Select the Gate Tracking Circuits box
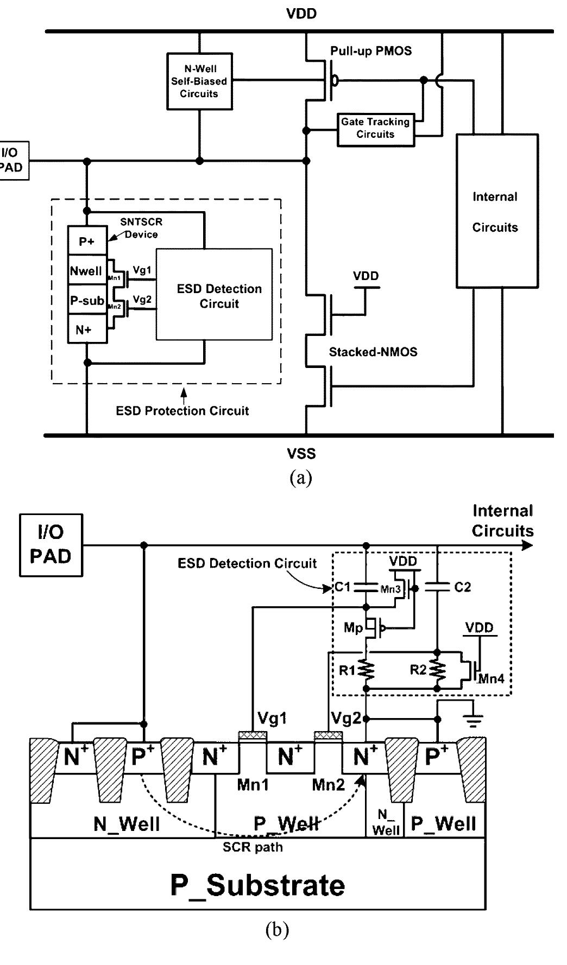click(x=375, y=129)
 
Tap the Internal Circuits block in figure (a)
click(x=496, y=211)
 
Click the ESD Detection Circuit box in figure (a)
click(x=214, y=295)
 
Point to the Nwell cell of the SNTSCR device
click(x=87, y=271)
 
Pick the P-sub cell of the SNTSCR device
click(x=87, y=300)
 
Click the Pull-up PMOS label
click(x=371, y=51)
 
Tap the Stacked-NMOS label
click(x=373, y=352)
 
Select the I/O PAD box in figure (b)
click(x=51, y=545)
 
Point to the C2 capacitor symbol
click(x=438, y=587)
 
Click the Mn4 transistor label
click(x=491, y=678)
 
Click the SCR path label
click(x=253, y=847)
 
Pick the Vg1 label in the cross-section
click(x=272, y=719)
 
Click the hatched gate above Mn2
click(x=328, y=736)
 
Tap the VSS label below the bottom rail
click(x=301, y=453)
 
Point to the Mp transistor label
click(x=353, y=628)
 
